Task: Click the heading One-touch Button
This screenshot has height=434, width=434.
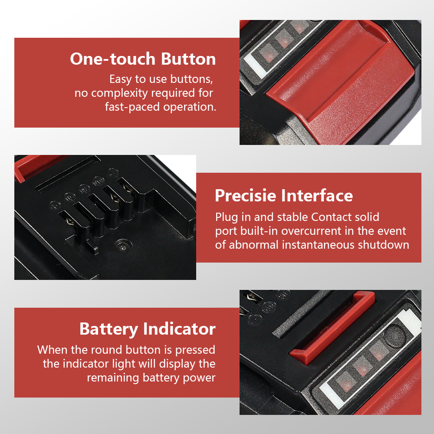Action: coord(143,59)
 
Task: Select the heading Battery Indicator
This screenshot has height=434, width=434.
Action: coord(147,329)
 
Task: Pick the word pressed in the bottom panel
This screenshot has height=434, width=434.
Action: coord(195,350)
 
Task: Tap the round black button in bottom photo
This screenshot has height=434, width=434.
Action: coord(395,336)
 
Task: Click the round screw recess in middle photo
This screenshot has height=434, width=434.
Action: coord(123,245)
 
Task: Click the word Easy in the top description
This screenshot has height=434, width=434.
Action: coord(120,79)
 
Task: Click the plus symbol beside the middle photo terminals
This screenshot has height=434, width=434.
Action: coord(55,206)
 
